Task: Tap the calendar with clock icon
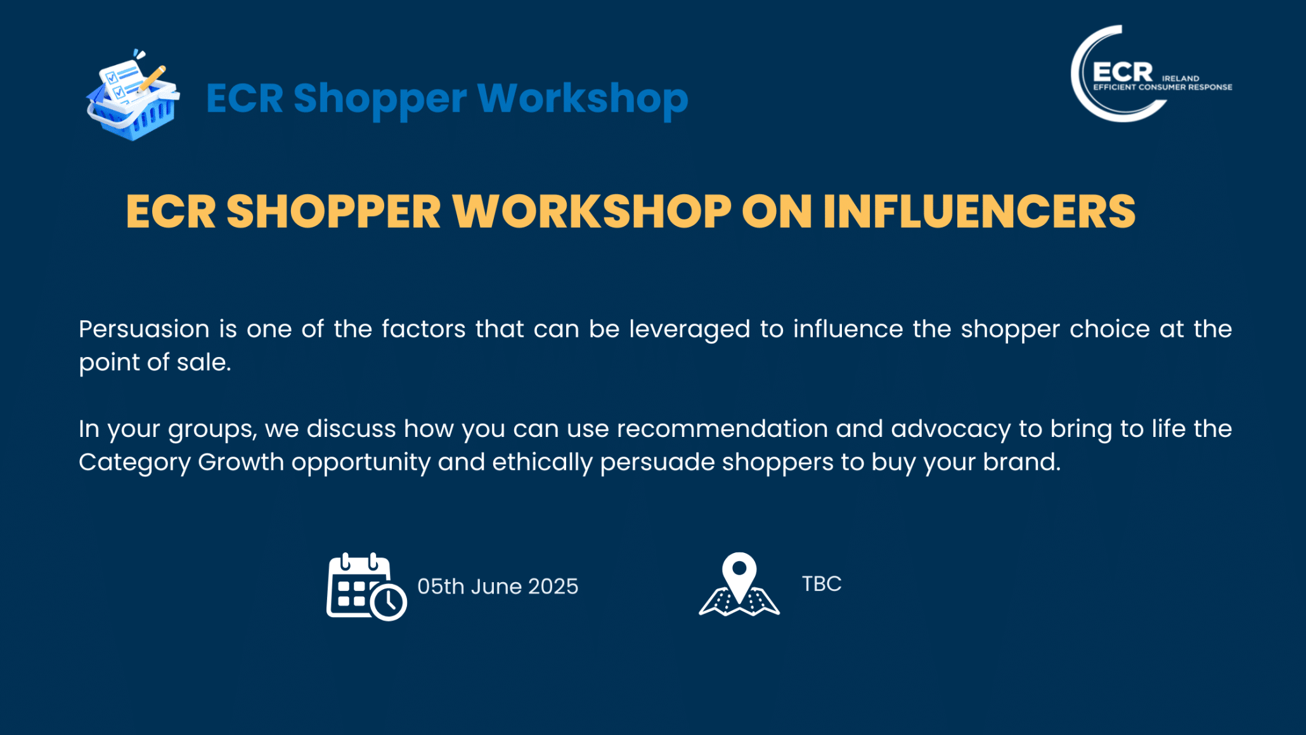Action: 366,587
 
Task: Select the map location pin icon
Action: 739,584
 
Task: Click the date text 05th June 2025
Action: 498,586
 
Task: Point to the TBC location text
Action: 822,583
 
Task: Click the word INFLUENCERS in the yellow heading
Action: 979,211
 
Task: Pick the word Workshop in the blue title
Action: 583,98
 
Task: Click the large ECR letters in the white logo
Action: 1123,72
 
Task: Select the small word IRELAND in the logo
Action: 1180,79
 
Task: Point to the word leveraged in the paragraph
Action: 690,330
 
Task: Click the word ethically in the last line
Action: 542,463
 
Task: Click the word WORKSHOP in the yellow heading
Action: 592,211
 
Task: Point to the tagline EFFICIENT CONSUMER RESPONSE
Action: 1163,87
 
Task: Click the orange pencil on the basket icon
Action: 152,79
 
